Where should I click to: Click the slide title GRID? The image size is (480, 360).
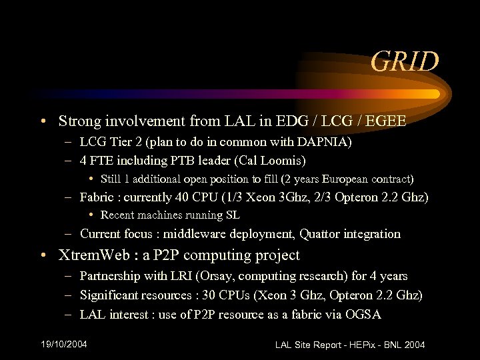click(x=405, y=62)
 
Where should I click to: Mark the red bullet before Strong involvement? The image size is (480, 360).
click(x=43, y=122)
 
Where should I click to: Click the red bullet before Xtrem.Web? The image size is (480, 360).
click(x=43, y=256)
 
